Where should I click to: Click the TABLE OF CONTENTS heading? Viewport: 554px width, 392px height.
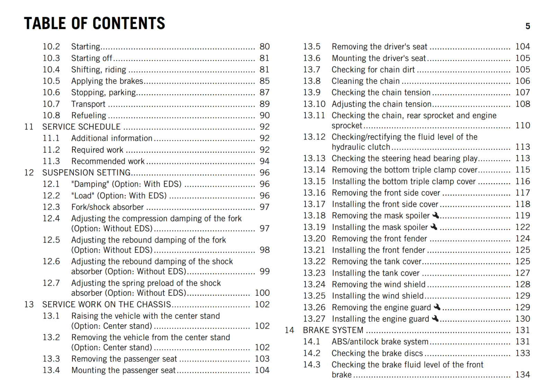click(x=95, y=23)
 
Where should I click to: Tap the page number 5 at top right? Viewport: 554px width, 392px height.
click(x=528, y=26)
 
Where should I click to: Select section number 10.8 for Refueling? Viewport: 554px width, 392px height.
click(x=51, y=115)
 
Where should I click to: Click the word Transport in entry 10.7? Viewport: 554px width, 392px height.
click(x=88, y=104)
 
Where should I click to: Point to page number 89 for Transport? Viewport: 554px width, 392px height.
click(x=265, y=104)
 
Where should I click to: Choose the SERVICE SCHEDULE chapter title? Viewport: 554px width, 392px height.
click(x=81, y=127)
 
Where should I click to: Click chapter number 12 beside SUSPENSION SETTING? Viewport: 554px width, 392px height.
click(x=29, y=172)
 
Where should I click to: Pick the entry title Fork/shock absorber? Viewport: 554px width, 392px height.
click(x=107, y=207)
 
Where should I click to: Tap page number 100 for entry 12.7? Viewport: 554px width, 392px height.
click(x=262, y=293)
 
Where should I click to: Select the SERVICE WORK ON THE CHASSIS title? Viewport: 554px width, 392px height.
click(x=107, y=304)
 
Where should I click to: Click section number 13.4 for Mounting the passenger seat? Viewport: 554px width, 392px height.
click(x=51, y=370)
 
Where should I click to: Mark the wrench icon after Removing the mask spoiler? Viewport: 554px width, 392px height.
click(x=436, y=215)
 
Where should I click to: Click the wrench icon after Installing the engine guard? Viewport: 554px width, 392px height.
click(x=435, y=318)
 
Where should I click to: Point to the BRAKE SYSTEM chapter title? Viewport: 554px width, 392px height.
click(x=333, y=330)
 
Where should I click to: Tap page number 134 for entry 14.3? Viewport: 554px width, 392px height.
click(x=522, y=375)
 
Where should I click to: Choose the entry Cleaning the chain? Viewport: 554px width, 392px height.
click(x=366, y=81)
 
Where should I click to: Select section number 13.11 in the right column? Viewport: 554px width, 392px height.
click(x=314, y=115)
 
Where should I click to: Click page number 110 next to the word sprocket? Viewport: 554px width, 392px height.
click(x=522, y=125)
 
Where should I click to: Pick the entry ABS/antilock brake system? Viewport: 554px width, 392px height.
click(x=380, y=342)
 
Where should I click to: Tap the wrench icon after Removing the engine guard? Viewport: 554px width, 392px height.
click(x=437, y=307)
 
